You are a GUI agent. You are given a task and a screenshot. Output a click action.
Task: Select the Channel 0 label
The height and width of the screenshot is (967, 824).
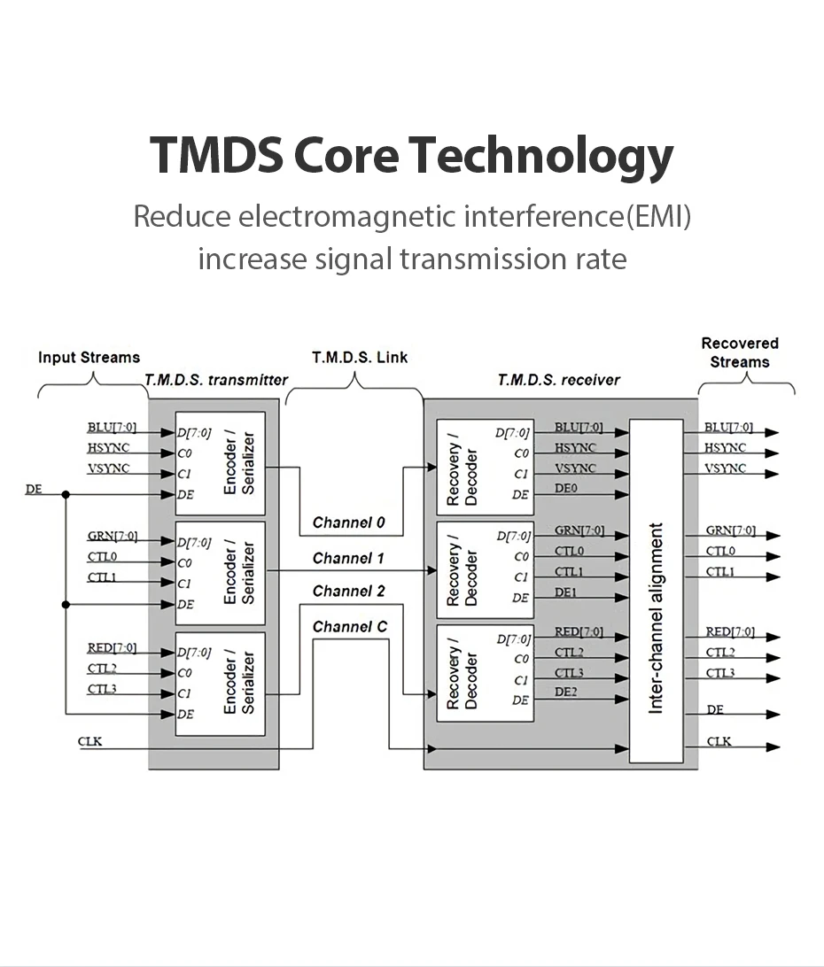click(x=348, y=522)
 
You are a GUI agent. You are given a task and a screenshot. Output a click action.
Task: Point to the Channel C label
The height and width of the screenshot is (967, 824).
click(x=349, y=627)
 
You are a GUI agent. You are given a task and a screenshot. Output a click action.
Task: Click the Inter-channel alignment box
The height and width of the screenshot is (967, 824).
click(x=656, y=592)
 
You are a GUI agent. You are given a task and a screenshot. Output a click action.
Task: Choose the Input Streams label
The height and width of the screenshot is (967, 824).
click(x=89, y=358)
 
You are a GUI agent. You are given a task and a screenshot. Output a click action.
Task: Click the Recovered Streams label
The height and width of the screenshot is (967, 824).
click(x=739, y=352)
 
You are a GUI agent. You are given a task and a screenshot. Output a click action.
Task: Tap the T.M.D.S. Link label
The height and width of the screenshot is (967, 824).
click(x=360, y=358)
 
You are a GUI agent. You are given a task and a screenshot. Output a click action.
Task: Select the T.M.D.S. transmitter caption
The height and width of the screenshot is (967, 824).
click(x=216, y=380)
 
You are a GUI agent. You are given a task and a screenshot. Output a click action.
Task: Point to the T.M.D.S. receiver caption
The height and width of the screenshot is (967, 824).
click(x=558, y=380)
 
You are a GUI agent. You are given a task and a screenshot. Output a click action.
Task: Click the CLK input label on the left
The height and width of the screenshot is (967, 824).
click(x=89, y=740)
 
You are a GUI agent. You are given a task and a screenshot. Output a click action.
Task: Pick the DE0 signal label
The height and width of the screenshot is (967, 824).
click(x=566, y=488)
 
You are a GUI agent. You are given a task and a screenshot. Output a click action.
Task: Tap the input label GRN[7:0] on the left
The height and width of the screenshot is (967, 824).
click(x=112, y=537)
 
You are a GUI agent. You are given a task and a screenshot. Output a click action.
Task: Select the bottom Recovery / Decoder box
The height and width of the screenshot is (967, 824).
click(x=486, y=673)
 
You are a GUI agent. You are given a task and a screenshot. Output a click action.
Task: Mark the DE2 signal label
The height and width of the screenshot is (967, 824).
click(x=566, y=692)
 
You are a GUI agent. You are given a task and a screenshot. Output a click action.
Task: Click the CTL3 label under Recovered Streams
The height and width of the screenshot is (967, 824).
click(x=720, y=673)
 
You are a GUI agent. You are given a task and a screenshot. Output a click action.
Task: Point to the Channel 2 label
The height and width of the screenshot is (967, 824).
click(x=348, y=591)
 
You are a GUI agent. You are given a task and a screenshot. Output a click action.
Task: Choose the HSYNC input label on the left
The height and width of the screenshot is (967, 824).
click(x=107, y=448)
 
